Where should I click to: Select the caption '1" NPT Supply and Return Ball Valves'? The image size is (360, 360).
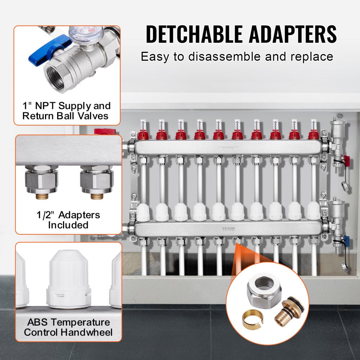click(66, 111)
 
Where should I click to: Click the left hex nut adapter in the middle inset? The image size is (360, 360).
click(42, 179)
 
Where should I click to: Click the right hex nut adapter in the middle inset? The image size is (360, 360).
click(96, 179)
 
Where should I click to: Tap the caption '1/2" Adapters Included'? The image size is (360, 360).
click(68, 220)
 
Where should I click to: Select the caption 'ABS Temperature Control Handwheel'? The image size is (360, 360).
click(68, 327)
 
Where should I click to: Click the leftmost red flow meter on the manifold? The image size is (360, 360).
click(143, 134)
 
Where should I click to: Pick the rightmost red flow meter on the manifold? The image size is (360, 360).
click(313, 134)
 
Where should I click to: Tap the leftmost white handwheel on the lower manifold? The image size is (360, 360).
click(143, 211)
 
